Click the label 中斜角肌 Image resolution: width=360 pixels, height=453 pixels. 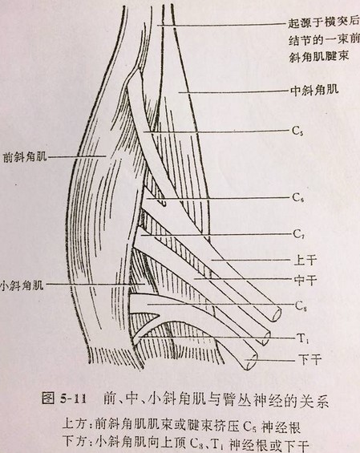pos(314,91)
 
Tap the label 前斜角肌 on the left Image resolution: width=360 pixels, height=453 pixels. pos(25,157)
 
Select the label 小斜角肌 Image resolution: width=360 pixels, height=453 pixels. pos(22,285)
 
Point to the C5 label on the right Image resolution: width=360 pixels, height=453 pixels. pos(297,131)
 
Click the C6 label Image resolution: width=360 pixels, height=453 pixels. pos(297,198)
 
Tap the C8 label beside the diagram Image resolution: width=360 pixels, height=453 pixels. pos(301,306)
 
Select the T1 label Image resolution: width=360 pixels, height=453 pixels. pos(302,338)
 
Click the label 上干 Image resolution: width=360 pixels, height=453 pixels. pos(305,260)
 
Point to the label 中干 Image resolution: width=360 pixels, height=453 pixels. pos(305,280)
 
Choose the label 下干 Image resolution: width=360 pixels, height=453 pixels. pos(309,360)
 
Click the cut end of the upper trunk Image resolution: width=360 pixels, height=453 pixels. pos(277,314)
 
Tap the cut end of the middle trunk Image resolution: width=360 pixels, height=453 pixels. pos(266,338)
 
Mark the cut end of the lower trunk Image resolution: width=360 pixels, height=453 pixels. pos(252,362)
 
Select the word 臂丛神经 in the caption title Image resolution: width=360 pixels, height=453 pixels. pos(251,399)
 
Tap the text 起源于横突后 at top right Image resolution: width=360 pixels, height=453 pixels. pos(324,22)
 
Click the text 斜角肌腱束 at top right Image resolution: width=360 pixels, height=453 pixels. pos(319,57)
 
